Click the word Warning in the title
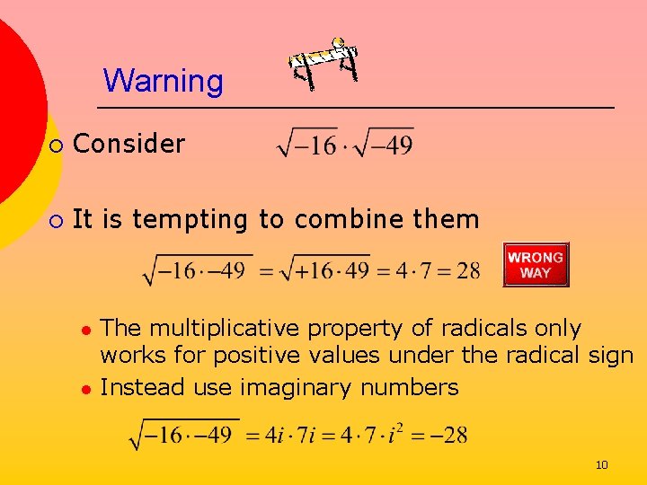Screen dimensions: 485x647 [x=163, y=81]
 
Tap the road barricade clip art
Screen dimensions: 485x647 [x=323, y=64]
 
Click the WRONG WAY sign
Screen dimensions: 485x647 [x=536, y=264]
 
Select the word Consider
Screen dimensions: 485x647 [x=129, y=143]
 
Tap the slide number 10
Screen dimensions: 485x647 [x=601, y=464]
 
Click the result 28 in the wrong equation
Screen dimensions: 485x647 [x=467, y=270]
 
